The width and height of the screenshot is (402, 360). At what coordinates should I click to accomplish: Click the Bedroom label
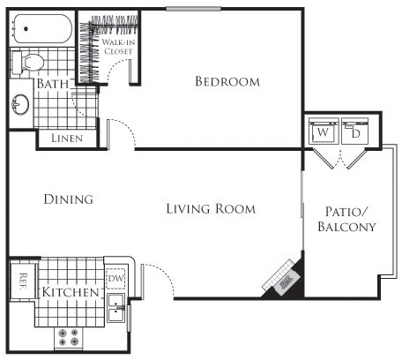[x=227, y=82]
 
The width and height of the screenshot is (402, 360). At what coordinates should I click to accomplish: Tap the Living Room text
[x=211, y=209]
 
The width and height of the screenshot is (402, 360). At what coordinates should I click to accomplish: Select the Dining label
[x=68, y=199]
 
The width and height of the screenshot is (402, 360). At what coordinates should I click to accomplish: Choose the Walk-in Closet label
[x=117, y=47]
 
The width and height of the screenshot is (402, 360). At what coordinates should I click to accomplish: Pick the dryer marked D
[x=355, y=132]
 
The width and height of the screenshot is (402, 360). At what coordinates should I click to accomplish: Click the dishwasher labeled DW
[x=115, y=280]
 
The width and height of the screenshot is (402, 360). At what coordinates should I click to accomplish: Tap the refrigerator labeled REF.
[x=22, y=281]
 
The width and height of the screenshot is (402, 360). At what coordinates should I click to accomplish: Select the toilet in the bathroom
[x=31, y=62]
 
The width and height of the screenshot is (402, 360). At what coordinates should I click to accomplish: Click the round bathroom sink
[x=20, y=106]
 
